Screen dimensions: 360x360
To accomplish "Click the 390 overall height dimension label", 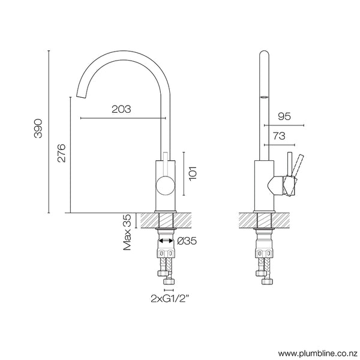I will (x=37, y=131).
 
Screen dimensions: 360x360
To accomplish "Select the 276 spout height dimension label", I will (x=61, y=155).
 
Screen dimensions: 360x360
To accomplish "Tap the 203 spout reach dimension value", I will (x=121, y=109).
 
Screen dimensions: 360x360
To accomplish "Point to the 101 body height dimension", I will (x=193, y=174).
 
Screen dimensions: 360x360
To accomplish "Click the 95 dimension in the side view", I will (x=284, y=118).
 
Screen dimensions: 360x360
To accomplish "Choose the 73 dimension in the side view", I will (x=279, y=137).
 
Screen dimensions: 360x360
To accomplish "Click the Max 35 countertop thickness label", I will (x=127, y=232).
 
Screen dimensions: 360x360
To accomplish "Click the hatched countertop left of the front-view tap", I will (x=146, y=220).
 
